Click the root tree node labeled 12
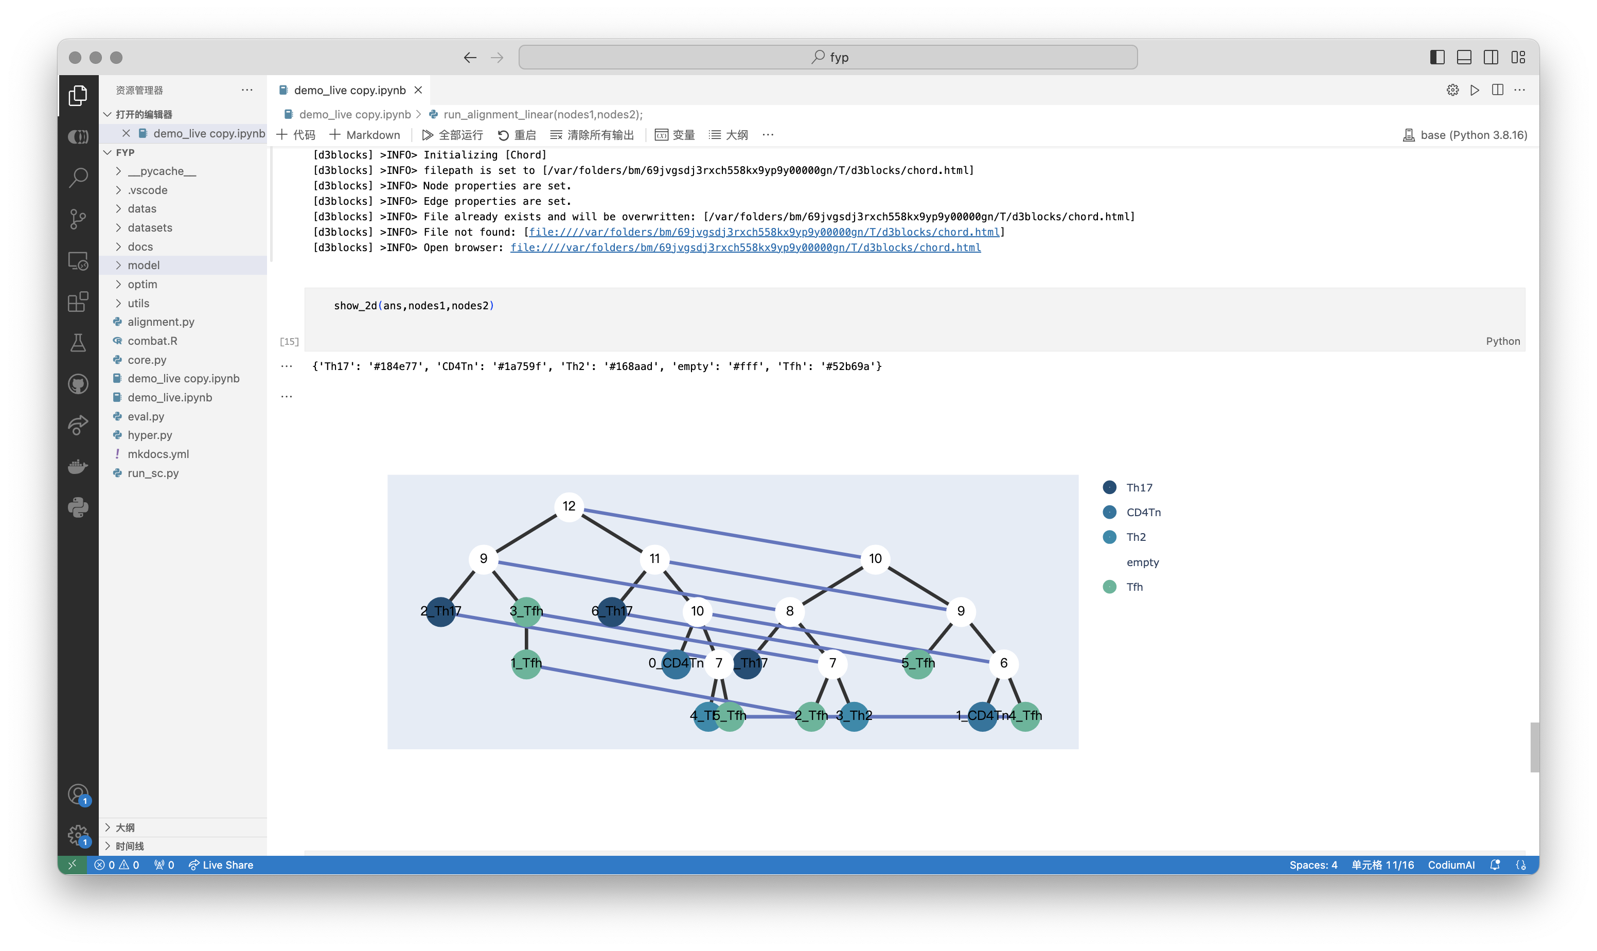pyautogui.click(x=569, y=506)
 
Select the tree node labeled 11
pyautogui.click(x=654, y=559)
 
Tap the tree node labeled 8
pyautogui.click(x=789, y=611)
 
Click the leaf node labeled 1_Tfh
pyautogui.click(x=526, y=663)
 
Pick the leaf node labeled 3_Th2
pyautogui.click(x=854, y=716)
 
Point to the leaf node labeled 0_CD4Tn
pyautogui.click(x=676, y=663)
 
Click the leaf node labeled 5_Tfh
pyautogui.click(x=918, y=663)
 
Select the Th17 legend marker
pyautogui.click(x=1109, y=488)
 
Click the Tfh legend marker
pyautogui.click(x=1109, y=587)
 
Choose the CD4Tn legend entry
pyautogui.click(x=1131, y=513)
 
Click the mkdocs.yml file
pyautogui.click(x=157, y=454)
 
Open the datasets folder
pyautogui.click(x=149, y=227)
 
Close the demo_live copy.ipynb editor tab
pyautogui.click(x=418, y=91)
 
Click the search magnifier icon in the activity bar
pyautogui.click(x=78, y=178)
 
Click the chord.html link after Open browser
pyautogui.click(x=745, y=248)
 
